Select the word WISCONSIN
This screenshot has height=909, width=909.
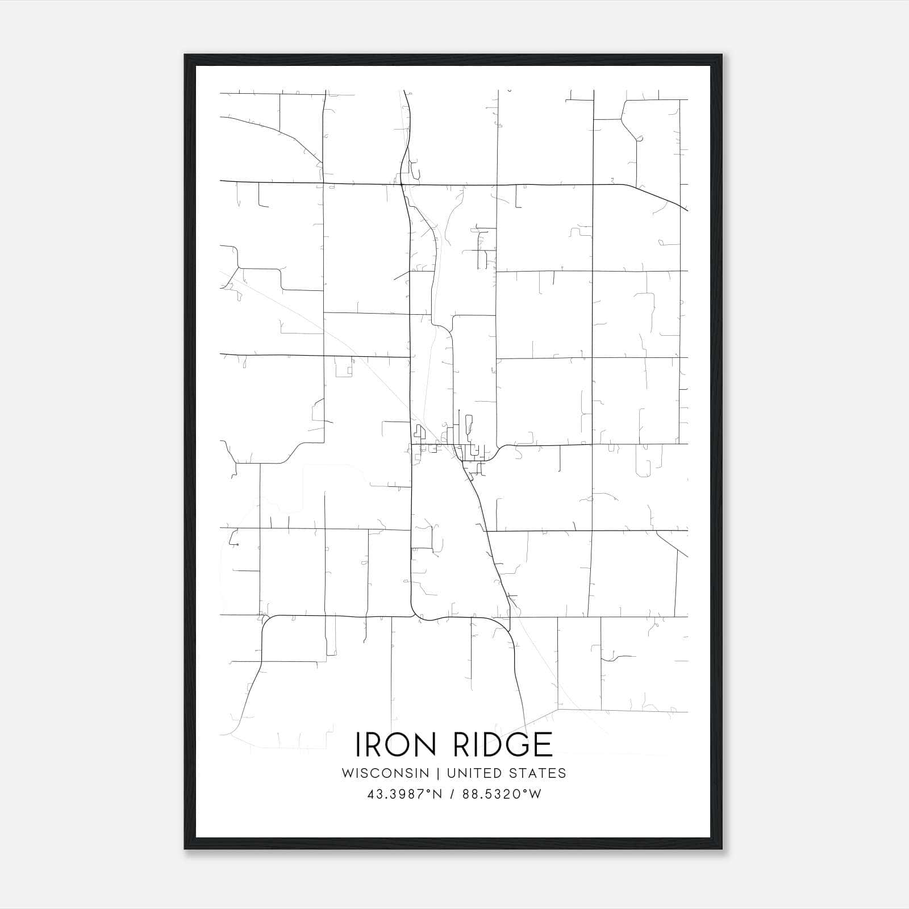385,773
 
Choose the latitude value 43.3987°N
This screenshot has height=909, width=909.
405,794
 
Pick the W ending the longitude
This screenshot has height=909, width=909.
535,794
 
